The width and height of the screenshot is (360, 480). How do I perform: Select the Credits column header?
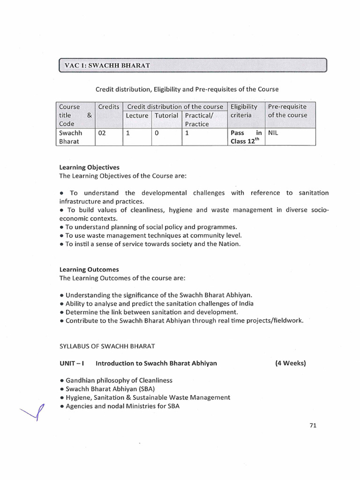click(109, 107)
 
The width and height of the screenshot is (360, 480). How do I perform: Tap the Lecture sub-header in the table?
click(137, 115)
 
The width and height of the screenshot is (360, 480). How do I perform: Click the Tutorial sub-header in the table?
click(166, 115)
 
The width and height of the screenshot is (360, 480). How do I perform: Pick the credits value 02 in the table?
click(102, 133)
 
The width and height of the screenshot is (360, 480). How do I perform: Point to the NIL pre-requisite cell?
click(273, 133)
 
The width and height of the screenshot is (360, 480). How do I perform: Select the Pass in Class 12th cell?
click(246, 137)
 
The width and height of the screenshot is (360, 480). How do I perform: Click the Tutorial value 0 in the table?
click(157, 133)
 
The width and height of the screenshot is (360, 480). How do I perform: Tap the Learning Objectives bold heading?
click(89, 167)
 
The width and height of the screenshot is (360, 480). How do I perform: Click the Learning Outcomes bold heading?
click(89, 270)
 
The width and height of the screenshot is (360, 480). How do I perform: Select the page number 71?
click(314, 426)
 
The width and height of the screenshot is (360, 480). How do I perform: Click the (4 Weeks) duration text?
click(290, 363)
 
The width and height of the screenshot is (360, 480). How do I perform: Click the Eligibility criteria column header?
click(244, 111)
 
